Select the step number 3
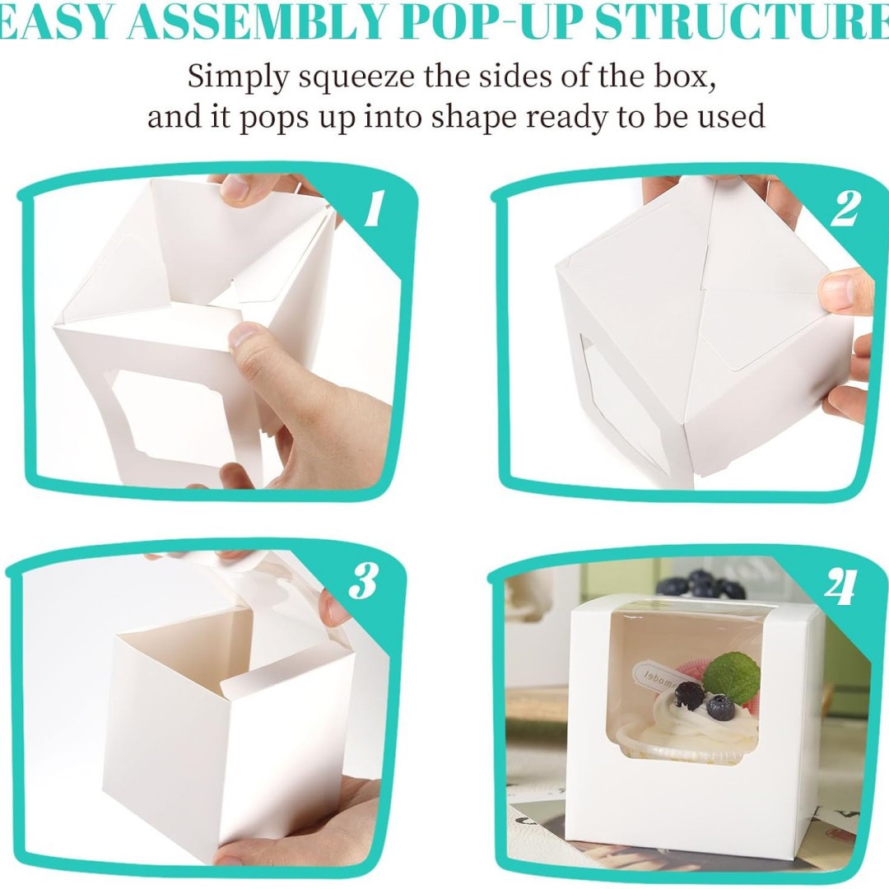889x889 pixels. pyautogui.click(x=363, y=582)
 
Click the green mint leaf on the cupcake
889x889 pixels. pyautogui.click(x=731, y=677)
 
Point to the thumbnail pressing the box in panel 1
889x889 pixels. pyautogui.click(x=246, y=334)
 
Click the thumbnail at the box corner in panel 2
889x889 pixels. pyautogui.click(x=839, y=291)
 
